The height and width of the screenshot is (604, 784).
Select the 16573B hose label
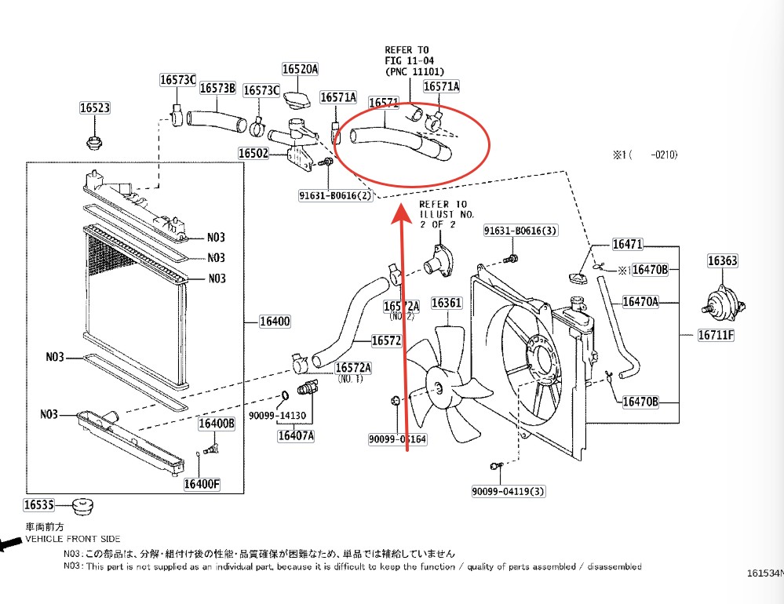pos(217,89)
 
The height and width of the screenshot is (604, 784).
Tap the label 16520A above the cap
pos(300,69)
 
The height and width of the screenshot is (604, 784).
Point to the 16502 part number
pos(253,153)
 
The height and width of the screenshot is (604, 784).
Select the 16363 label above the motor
pos(722,261)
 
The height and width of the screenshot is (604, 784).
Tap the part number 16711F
pos(716,336)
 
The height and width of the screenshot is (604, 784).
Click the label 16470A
pos(640,301)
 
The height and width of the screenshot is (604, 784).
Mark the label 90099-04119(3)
pos(508,492)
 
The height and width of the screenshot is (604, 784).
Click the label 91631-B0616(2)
pos(335,195)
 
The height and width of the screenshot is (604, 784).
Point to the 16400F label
pos(202,484)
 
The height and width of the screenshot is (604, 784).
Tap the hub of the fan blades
pos(436,386)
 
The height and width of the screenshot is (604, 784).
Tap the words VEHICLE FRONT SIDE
pos(73,539)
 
